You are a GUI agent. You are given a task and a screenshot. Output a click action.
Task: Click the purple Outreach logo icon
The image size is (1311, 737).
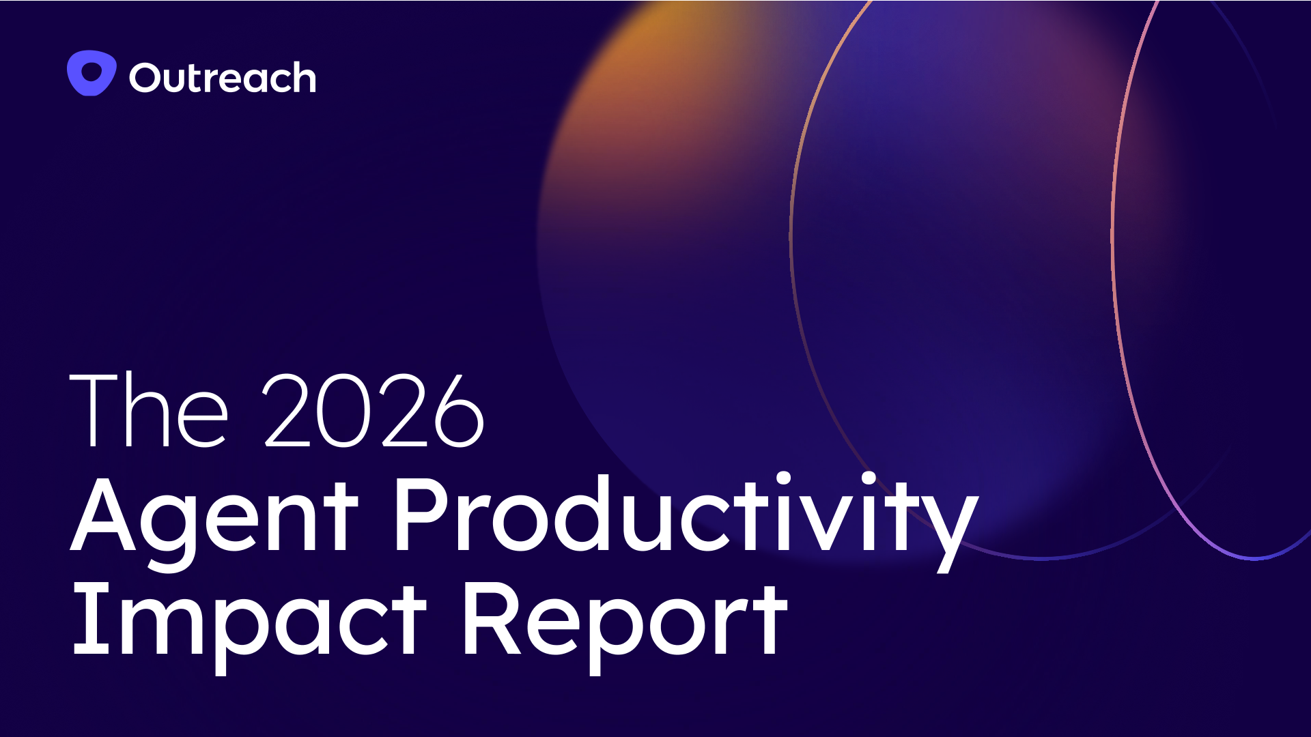(x=91, y=73)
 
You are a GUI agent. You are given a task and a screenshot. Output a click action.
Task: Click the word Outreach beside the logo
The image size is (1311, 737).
(x=223, y=77)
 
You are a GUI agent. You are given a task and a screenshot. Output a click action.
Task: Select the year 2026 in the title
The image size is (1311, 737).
(x=373, y=410)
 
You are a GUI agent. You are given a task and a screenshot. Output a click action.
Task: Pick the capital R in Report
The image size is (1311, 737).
(x=494, y=619)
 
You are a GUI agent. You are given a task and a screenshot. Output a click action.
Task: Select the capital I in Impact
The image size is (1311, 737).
(x=91, y=619)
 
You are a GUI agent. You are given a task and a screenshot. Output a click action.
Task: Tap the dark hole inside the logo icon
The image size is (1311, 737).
(x=91, y=71)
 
